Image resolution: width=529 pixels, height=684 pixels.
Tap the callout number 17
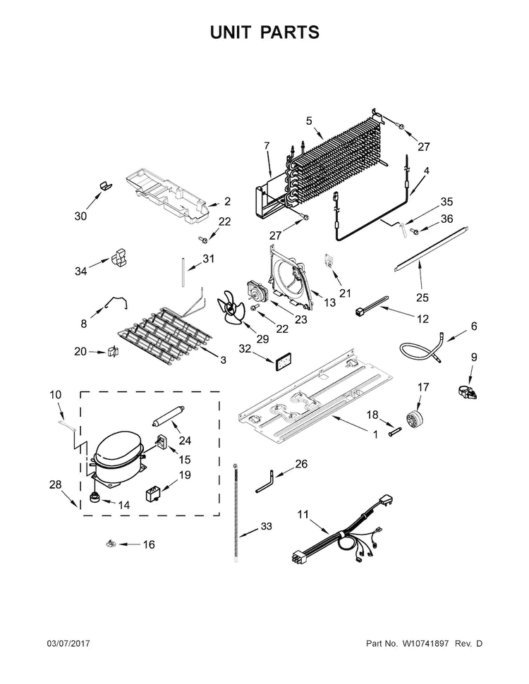point(423,386)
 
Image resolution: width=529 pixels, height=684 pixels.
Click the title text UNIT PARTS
point(264,32)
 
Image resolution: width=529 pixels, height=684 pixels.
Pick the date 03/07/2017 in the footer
point(69,644)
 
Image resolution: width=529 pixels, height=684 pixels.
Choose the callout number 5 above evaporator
point(309,121)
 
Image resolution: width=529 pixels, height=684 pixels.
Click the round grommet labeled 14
point(93,500)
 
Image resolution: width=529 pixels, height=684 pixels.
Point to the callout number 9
point(474,357)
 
